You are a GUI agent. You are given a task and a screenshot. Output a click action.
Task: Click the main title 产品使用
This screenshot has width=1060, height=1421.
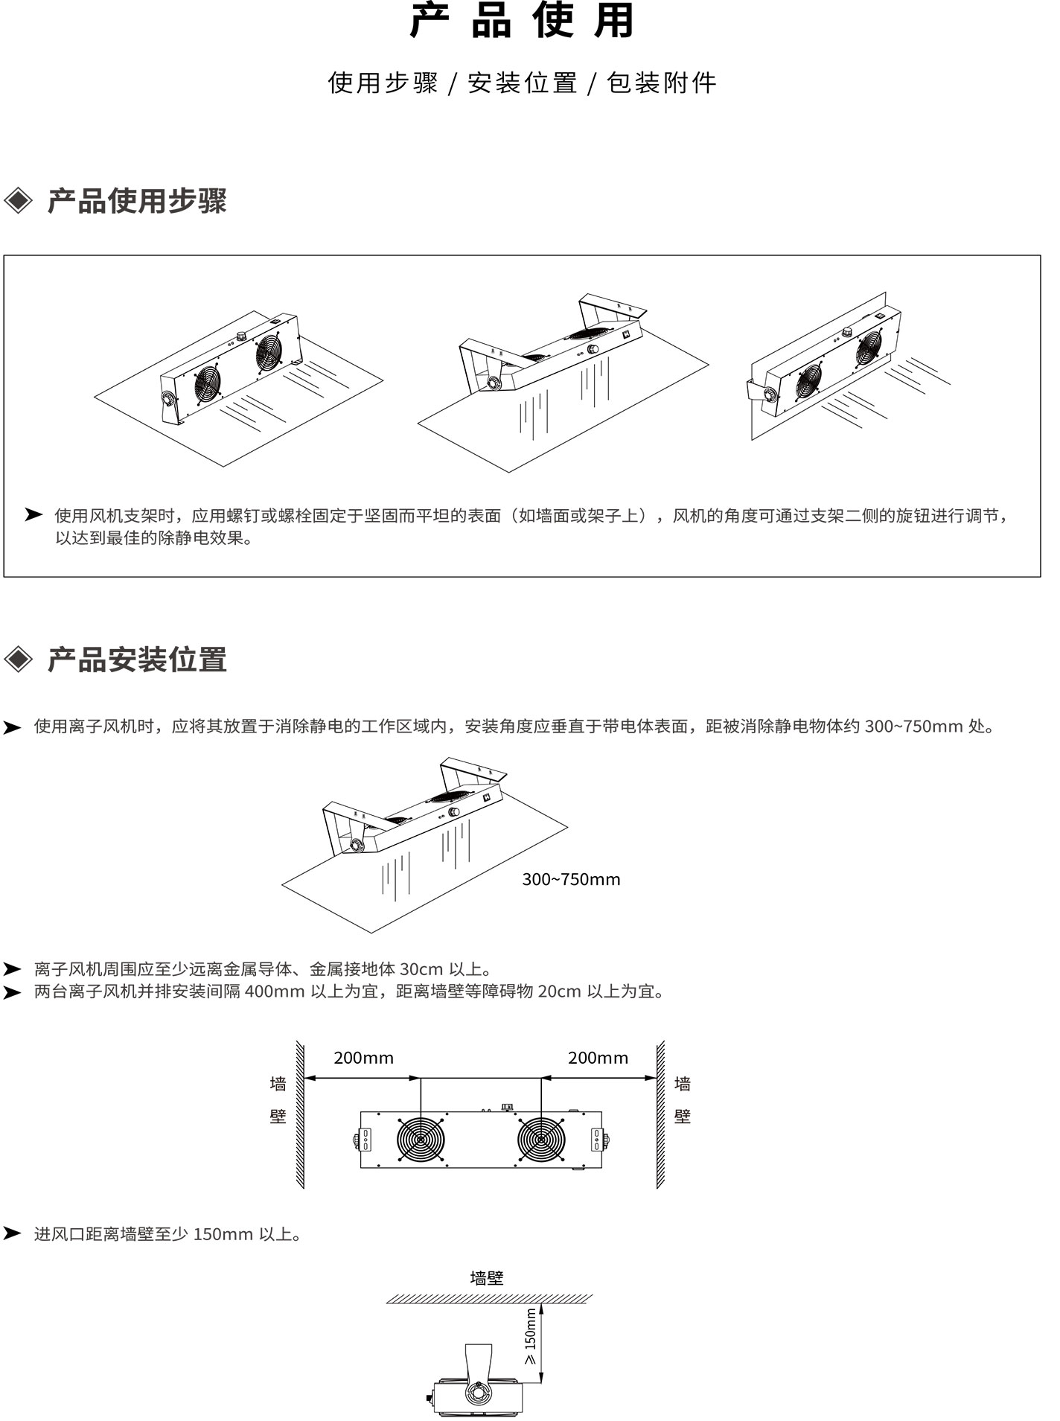tap(522, 21)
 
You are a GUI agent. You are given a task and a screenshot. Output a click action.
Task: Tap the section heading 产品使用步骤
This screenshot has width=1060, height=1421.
tap(137, 202)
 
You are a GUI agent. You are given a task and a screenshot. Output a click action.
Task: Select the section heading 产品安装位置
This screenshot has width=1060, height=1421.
tap(137, 660)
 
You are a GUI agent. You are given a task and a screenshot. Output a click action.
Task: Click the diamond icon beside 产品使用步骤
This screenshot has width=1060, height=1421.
tap(19, 201)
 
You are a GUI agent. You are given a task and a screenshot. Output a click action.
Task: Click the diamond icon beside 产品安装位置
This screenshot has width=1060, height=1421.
tap(19, 660)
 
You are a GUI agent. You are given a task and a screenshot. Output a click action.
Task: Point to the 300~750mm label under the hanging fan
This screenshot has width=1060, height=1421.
tap(571, 879)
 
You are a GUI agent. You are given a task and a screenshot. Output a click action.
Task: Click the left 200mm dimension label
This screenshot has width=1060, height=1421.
tap(363, 1058)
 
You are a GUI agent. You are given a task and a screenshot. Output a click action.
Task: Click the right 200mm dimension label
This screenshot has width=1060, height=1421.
tap(598, 1058)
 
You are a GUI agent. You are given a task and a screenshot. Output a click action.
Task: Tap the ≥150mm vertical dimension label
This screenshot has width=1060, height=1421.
tap(530, 1339)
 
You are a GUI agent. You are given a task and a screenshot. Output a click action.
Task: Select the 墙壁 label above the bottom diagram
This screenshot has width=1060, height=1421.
tap(487, 1278)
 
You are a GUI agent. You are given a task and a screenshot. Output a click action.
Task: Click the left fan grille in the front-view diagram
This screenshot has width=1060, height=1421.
tap(421, 1140)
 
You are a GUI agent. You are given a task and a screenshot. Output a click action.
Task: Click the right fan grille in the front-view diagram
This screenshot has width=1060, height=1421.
tap(541, 1140)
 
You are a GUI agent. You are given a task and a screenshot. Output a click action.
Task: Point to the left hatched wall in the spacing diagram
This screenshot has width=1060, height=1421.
tap(299, 1114)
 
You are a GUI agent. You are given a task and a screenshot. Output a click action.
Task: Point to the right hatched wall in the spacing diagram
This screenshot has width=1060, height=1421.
tap(660, 1114)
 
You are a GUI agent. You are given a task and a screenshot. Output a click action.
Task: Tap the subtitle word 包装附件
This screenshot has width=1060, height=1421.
tap(662, 83)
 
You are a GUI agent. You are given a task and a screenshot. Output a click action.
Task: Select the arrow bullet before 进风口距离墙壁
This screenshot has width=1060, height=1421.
tap(12, 1233)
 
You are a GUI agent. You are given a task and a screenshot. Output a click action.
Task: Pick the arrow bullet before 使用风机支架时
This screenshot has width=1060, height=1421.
tap(33, 514)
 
